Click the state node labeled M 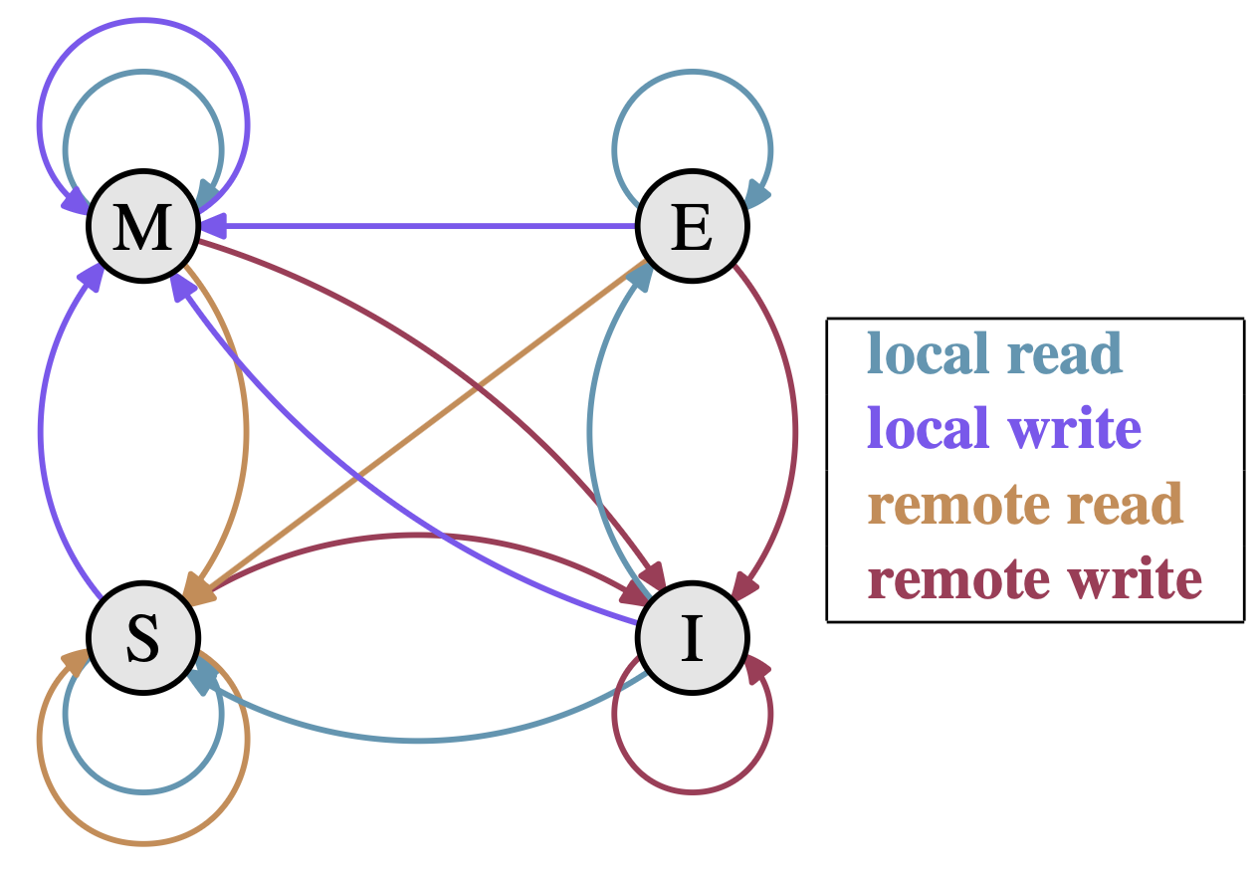pos(143,227)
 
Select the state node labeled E pos(692,227)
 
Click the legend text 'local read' pos(994,353)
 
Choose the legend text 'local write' pos(1003,429)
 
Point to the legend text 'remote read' pos(1024,504)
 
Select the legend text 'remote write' pos(1034,578)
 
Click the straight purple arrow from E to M pos(418,226)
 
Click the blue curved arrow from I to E pos(591,428)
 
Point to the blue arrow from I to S pos(418,741)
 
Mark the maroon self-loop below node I pos(692,792)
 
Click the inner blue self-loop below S pos(143,792)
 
